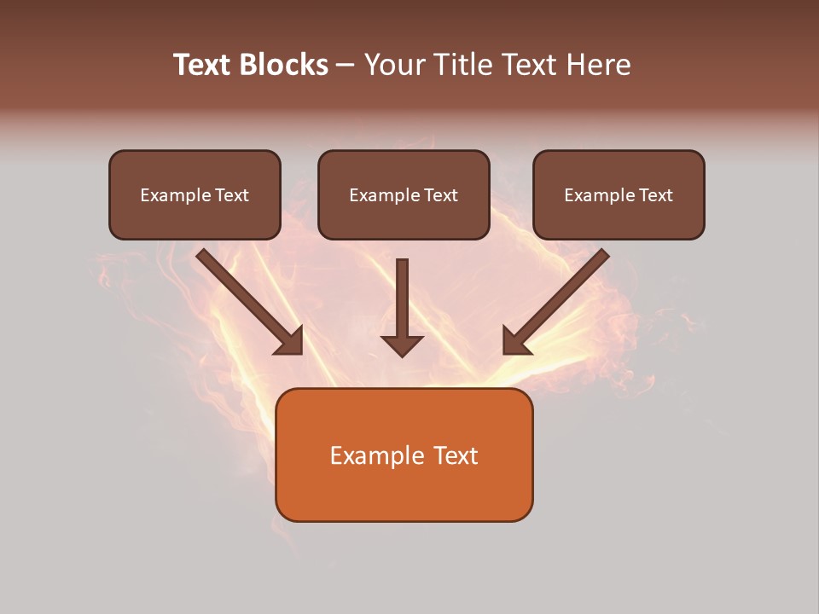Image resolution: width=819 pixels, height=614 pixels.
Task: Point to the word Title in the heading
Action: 464,65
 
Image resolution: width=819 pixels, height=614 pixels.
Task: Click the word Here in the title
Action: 601,65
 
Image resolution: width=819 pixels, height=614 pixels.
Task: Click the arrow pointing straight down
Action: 402,307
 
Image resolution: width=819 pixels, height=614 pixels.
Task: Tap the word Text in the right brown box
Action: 655,195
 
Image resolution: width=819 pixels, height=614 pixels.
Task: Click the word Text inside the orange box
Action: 456,456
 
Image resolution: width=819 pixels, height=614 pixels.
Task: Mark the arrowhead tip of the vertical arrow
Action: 402,356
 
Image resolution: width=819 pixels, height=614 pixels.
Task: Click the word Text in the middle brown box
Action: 440,195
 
